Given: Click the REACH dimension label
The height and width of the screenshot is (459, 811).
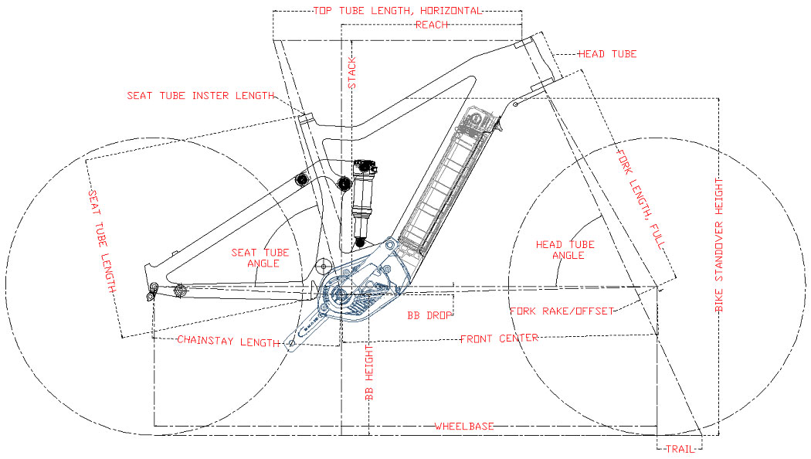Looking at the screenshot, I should click(432, 25).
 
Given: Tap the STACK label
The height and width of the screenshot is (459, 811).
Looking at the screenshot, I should click(352, 73).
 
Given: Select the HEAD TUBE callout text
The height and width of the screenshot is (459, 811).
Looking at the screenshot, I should click(607, 54).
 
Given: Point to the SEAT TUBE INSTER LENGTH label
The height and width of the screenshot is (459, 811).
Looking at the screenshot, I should click(201, 96).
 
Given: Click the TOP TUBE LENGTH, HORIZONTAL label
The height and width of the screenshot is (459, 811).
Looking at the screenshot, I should click(398, 11).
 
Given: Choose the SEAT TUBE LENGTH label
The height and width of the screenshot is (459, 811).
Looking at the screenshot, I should click(102, 240).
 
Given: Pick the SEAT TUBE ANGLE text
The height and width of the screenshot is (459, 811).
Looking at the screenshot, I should click(260, 258).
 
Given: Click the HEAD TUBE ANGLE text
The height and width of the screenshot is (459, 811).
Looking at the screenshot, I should click(565, 250).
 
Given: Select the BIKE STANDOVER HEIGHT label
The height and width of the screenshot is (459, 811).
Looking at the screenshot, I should click(718, 245).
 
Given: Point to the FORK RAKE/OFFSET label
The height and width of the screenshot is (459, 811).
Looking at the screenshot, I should click(562, 311).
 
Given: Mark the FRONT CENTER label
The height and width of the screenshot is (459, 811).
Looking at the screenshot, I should click(499, 338).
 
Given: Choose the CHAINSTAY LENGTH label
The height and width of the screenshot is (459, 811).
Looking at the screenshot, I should click(228, 341).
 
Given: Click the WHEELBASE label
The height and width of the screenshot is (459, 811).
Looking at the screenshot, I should click(463, 427).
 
